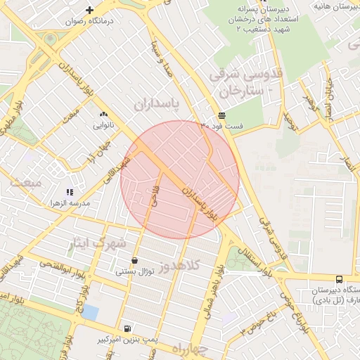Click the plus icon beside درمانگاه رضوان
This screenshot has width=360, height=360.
(89, 10)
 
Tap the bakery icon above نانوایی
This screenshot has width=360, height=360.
(103, 114)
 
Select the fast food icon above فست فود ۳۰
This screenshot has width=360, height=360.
(222, 115)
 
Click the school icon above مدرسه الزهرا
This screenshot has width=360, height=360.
(69, 192)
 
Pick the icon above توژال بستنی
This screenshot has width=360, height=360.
(134, 260)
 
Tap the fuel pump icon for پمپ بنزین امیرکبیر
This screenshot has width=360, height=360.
(127, 328)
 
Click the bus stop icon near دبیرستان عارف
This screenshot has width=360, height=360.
(340, 279)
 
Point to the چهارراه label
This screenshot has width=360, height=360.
(191, 348)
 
